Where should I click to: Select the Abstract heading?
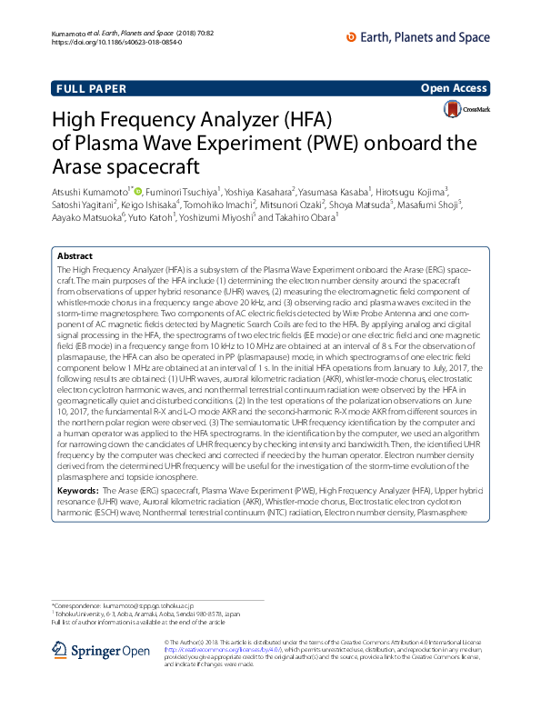[75, 257]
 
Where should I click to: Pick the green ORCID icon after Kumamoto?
[138, 190]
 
